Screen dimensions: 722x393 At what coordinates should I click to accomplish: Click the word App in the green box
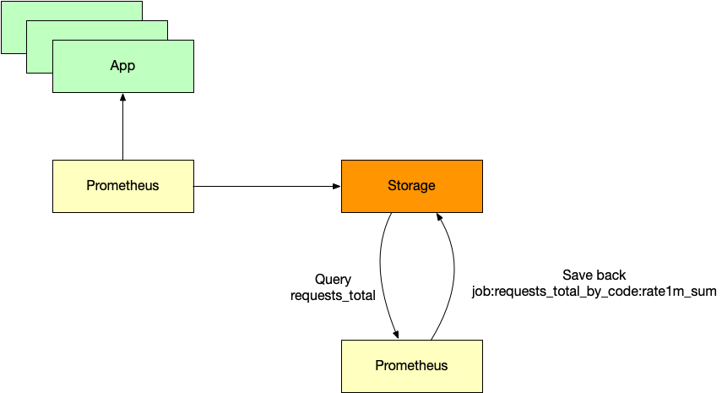(x=122, y=66)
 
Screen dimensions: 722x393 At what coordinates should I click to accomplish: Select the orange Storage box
(x=411, y=186)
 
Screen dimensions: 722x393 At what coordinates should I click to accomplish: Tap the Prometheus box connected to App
(x=123, y=186)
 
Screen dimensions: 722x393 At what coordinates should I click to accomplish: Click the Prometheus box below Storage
(x=411, y=366)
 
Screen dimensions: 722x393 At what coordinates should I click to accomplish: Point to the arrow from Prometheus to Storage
(x=267, y=186)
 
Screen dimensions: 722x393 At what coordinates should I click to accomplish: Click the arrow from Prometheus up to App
(x=123, y=127)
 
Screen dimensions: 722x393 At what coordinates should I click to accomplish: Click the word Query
(x=333, y=279)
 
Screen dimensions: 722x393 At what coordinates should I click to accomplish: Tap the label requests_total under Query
(x=333, y=295)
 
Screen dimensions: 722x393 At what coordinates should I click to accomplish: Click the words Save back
(x=594, y=275)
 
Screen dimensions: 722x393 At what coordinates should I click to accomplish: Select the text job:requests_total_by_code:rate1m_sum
(x=594, y=292)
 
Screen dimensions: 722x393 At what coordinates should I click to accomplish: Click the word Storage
(x=411, y=186)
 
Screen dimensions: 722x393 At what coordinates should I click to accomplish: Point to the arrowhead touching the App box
(x=123, y=96)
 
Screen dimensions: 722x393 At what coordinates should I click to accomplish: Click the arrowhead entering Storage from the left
(x=337, y=186)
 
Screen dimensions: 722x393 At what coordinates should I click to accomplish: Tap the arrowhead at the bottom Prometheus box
(x=395, y=335)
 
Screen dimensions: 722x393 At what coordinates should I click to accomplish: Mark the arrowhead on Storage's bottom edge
(x=439, y=217)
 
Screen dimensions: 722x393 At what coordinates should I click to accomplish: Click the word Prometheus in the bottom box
(x=411, y=366)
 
